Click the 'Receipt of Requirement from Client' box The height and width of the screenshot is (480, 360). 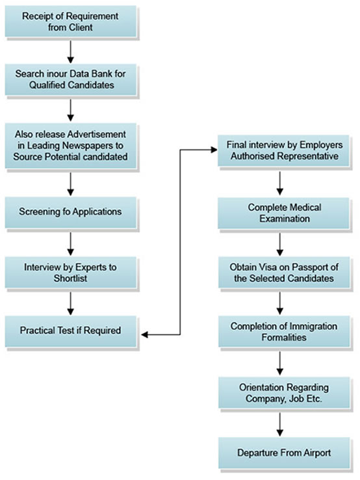[x=71, y=21]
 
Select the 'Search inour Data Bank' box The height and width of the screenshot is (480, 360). [x=71, y=79]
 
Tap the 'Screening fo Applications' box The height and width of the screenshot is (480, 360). [x=71, y=212]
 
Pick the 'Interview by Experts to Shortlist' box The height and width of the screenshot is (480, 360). [x=71, y=273]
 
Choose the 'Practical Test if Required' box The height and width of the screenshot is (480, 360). [x=71, y=331]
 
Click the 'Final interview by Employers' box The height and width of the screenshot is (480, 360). [x=283, y=151]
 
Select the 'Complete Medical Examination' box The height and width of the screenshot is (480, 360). [x=283, y=213]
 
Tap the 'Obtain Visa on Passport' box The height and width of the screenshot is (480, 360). [x=284, y=273]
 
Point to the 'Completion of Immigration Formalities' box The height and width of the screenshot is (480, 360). [x=284, y=332]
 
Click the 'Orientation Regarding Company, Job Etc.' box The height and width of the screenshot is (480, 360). [x=284, y=393]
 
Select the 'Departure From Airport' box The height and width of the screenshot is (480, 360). [x=284, y=453]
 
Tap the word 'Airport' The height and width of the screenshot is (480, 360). [x=317, y=453]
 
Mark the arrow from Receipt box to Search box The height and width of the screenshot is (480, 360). [x=71, y=52]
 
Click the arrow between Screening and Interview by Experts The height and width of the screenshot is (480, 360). [x=71, y=244]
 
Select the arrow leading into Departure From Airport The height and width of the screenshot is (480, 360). [x=279, y=424]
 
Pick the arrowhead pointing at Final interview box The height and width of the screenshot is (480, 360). [x=214, y=150]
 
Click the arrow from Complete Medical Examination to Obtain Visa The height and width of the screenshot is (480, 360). [x=279, y=245]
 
